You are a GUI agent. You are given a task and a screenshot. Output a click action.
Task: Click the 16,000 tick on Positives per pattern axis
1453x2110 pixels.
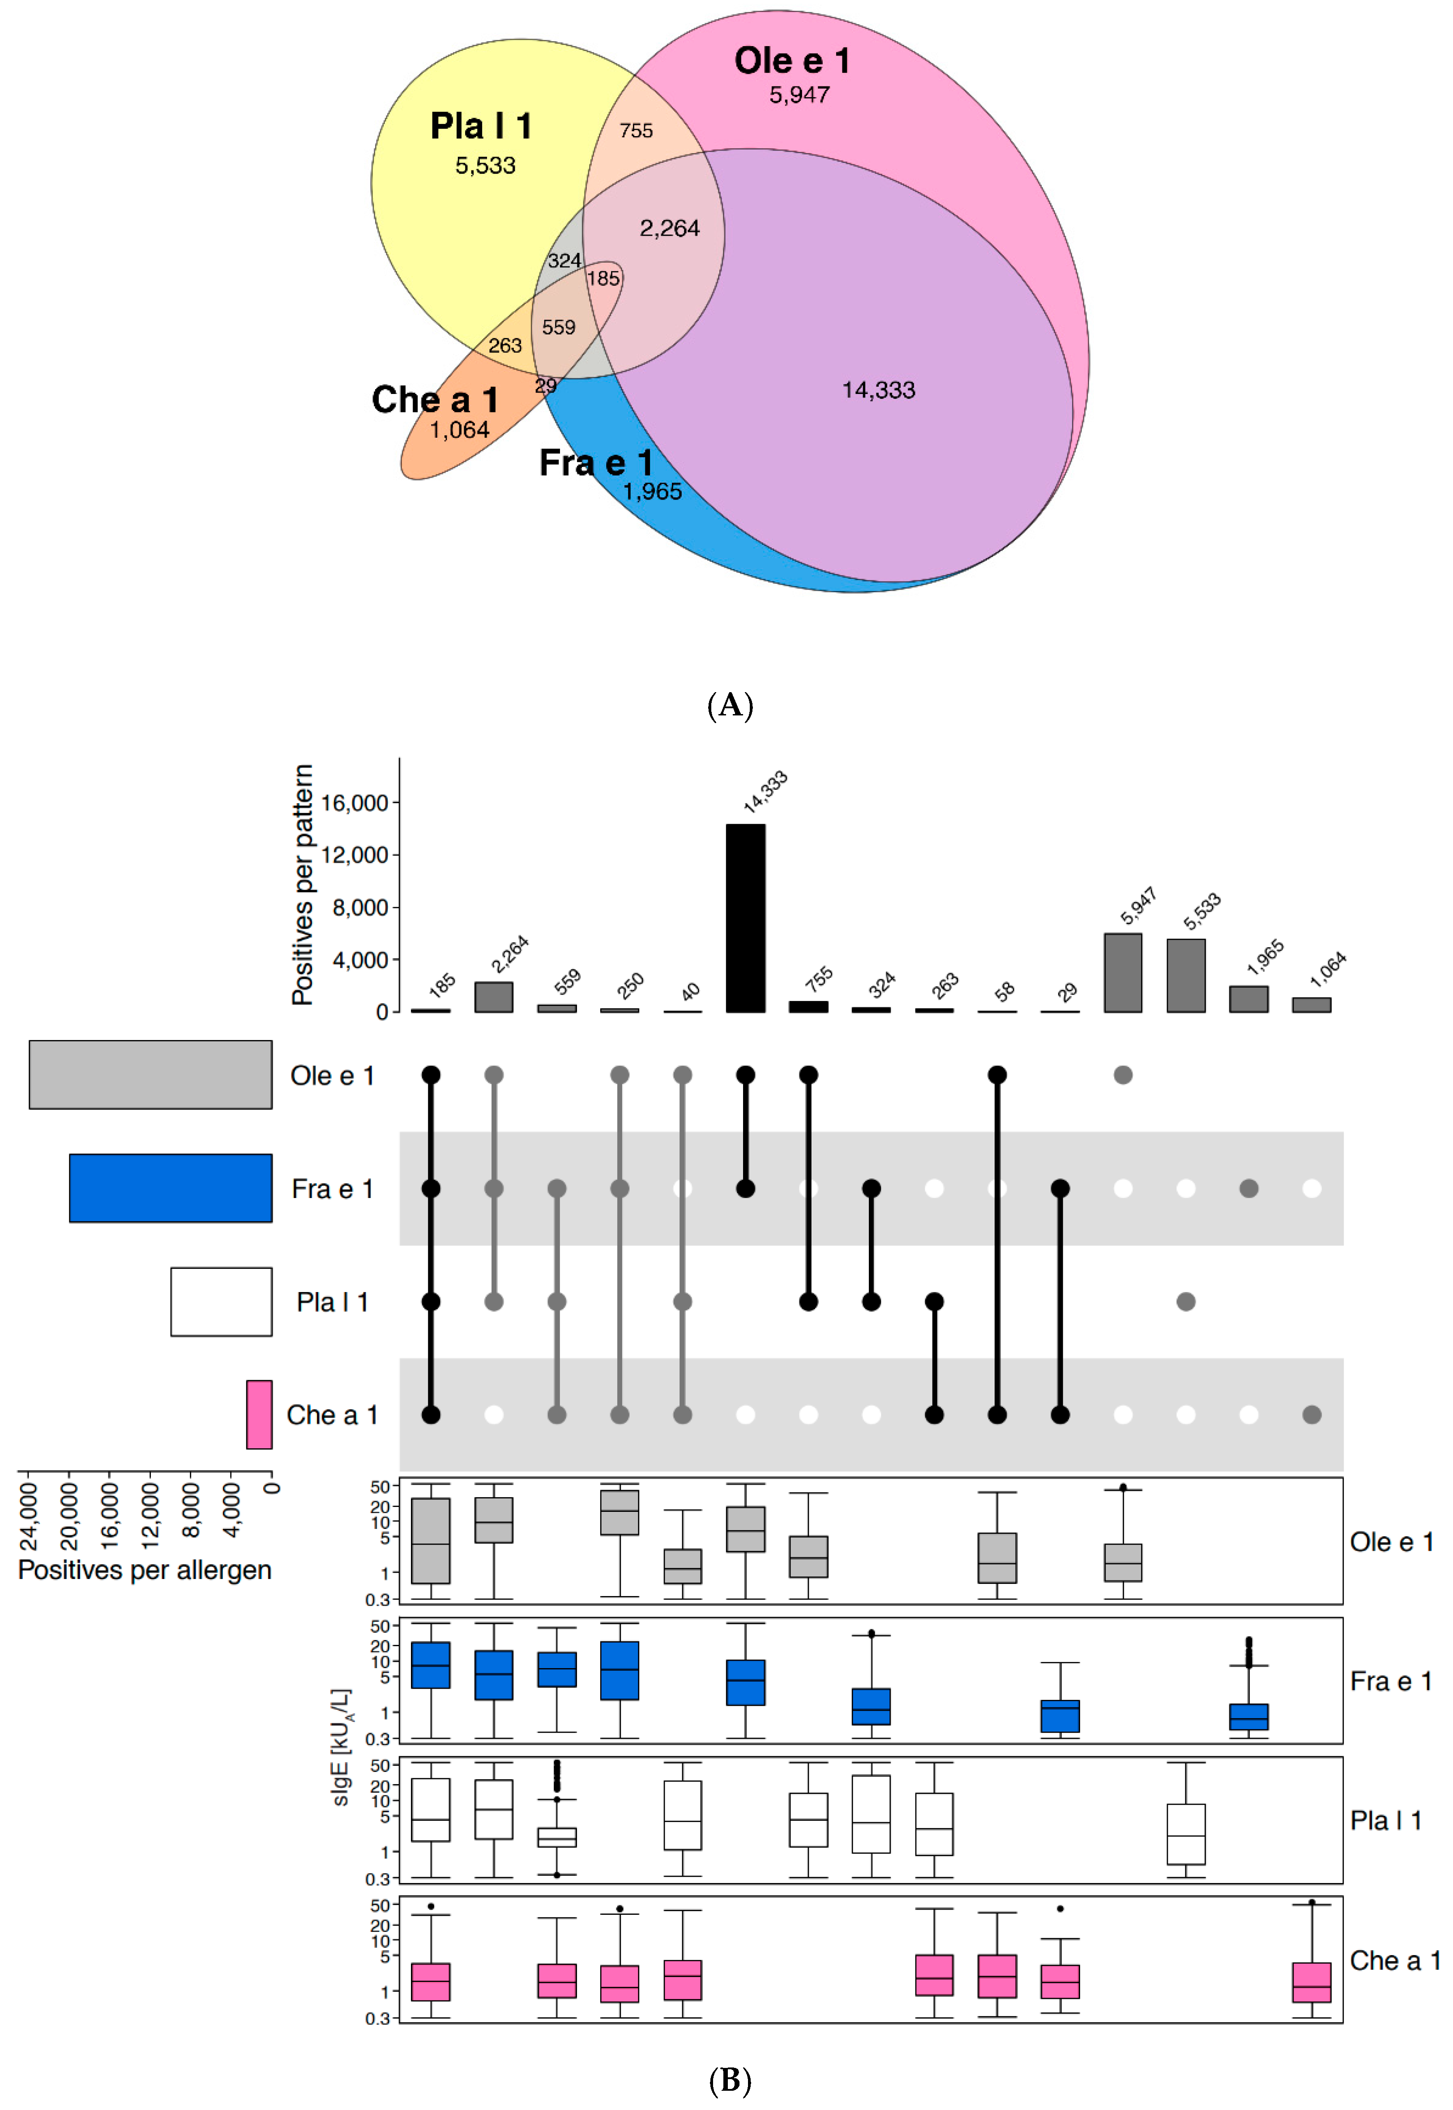click(x=354, y=803)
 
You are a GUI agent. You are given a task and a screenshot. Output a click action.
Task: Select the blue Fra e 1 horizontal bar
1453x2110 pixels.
click(x=170, y=1188)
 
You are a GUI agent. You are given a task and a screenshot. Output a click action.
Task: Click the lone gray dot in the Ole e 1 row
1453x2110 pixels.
click(x=1123, y=1075)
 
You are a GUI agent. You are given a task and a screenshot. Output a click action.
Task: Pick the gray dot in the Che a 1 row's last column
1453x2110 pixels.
click(x=1311, y=1415)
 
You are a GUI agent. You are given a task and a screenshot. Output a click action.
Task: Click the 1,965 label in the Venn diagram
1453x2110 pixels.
click(x=652, y=492)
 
